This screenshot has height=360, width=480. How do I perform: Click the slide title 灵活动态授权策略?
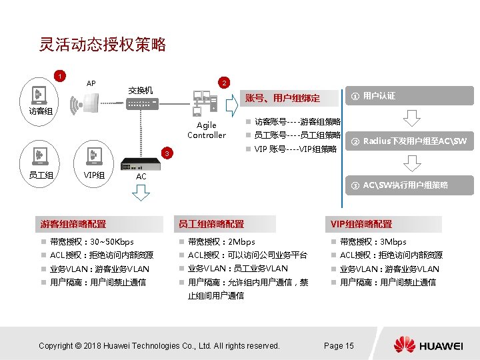(x=102, y=45)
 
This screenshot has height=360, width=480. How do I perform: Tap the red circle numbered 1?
(x=60, y=75)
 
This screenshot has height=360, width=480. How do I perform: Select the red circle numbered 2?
(x=225, y=83)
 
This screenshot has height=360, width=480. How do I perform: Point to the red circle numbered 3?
(x=169, y=155)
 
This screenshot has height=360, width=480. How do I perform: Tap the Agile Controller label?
(x=207, y=130)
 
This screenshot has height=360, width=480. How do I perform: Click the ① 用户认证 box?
(x=407, y=97)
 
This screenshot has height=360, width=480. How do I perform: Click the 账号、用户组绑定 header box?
(x=287, y=99)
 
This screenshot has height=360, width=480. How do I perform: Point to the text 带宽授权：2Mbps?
(x=221, y=241)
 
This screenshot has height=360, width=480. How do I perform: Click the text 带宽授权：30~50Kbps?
(x=92, y=241)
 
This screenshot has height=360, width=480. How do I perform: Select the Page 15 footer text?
(x=339, y=345)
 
